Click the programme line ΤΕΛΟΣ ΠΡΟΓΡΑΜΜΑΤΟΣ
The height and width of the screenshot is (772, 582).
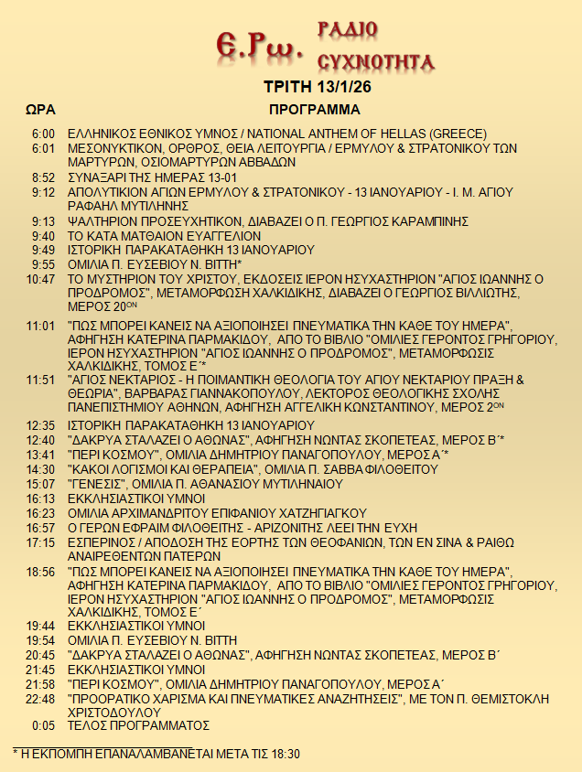[139, 726]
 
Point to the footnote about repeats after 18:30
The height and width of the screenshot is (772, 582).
[156, 754]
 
